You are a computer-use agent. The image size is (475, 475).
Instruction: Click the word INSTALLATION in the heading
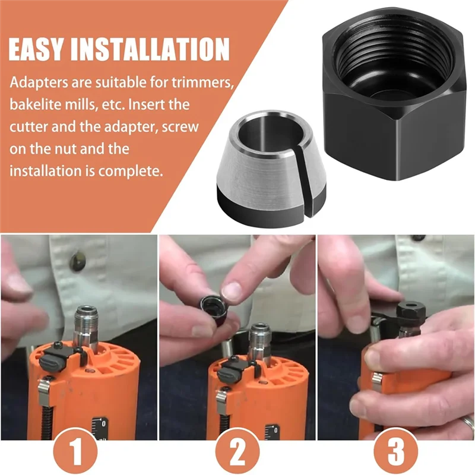tap(150, 49)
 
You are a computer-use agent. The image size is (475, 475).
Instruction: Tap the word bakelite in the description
tap(35, 104)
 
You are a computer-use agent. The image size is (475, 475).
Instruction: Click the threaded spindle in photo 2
tap(261, 339)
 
